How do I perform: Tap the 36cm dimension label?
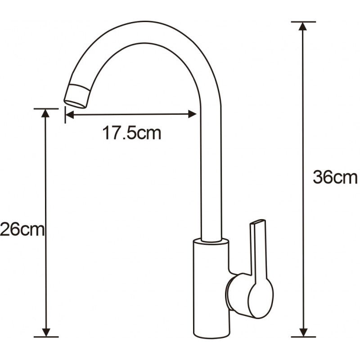335,177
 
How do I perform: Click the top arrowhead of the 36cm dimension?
303,27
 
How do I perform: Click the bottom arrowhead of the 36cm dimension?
303,331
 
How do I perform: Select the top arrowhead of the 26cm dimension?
45,113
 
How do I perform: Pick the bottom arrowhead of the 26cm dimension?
45,331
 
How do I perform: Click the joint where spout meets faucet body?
211,241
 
